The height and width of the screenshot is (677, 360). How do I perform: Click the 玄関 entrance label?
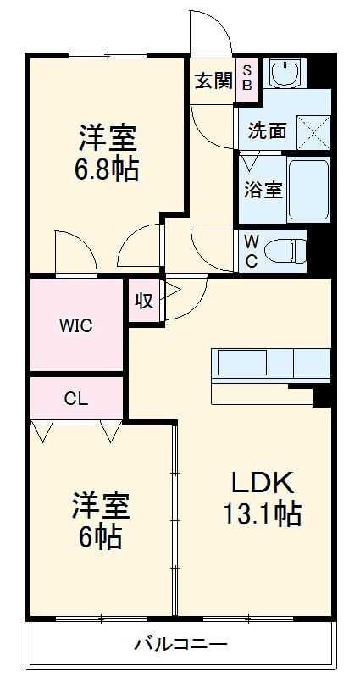click(213, 81)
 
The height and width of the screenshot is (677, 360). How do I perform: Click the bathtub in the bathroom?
click(307, 189)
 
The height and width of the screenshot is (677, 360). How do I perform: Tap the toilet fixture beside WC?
click(284, 250)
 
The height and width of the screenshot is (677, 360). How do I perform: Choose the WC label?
click(252, 251)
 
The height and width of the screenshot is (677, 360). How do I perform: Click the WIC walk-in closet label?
click(75, 325)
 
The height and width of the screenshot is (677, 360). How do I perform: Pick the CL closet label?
click(75, 397)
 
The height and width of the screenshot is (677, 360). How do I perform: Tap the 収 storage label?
click(144, 300)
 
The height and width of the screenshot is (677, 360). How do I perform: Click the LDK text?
click(263, 482)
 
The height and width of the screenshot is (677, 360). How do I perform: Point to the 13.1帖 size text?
click(263, 513)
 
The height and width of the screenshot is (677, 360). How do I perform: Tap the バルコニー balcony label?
click(180, 645)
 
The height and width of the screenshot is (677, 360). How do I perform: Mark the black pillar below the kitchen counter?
click(322, 395)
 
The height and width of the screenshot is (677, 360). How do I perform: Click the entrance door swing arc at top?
click(210, 34)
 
